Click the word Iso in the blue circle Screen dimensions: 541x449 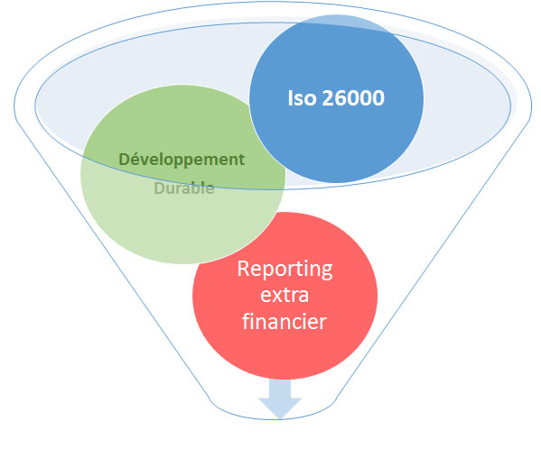click(302, 97)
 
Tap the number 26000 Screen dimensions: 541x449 click(353, 97)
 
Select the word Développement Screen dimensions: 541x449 click(182, 160)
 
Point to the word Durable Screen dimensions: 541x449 click(184, 188)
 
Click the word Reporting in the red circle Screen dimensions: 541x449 click(285, 270)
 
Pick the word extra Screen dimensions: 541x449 click(284, 296)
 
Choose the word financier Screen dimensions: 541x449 click(284, 321)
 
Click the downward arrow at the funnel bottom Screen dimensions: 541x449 click(280, 399)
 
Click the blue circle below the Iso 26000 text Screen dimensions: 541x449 click(336, 144)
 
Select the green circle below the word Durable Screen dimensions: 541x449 click(182, 227)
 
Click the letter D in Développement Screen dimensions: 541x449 click(125, 160)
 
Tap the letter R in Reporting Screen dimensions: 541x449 click(243, 269)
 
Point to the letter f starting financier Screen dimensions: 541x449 click(246, 321)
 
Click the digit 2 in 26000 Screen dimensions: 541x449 click(328, 97)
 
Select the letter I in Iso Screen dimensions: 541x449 click(291, 97)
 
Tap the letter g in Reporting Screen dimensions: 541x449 click(325, 271)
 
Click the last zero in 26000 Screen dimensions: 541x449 click(378, 97)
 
